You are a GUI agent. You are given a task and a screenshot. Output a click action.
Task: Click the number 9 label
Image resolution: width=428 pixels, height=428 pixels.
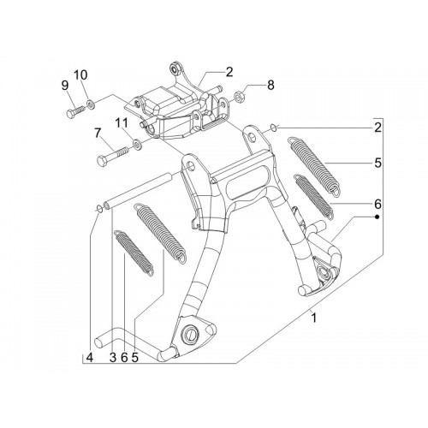click(65, 85)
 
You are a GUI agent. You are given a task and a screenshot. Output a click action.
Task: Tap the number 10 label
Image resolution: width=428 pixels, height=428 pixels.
click(80, 75)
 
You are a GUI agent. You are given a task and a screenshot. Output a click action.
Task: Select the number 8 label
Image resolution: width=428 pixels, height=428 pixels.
click(270, 85)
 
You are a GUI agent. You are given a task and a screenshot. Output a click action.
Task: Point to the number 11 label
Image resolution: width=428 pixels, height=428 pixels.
click(122, 123)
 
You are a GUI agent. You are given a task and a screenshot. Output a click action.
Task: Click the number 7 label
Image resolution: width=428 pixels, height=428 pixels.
click(98, 134)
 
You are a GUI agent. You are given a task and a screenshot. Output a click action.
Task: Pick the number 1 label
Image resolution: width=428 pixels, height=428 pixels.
click(314, 318)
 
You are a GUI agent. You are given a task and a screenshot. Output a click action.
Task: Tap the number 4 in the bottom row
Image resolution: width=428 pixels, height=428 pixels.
click(90, 357)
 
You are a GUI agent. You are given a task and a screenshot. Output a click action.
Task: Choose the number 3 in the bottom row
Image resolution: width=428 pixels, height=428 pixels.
click(113, 357)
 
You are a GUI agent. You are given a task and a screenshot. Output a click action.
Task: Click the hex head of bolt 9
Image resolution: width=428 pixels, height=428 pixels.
click(70, 113)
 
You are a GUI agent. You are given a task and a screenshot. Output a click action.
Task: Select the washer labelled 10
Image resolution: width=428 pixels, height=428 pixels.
click(91, 104)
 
